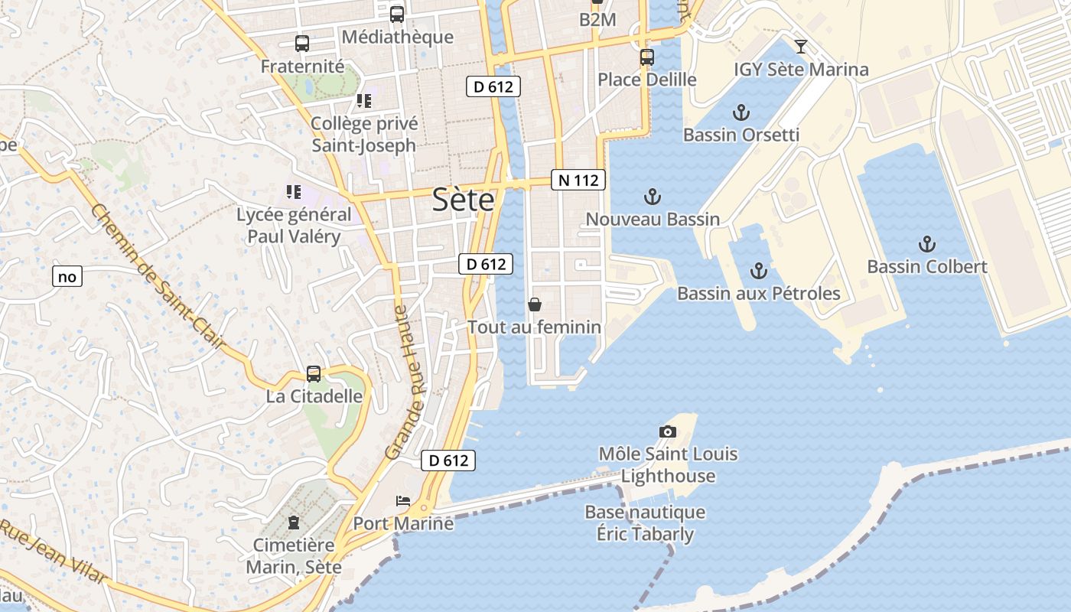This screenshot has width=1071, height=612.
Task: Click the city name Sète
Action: point(463,200)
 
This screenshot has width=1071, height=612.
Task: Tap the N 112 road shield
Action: point(578,181)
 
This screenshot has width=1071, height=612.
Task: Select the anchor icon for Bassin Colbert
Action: point(926,245)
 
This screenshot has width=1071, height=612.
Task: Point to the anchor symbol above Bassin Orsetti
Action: point(740,113)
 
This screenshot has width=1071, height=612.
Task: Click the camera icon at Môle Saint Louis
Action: point(668,431)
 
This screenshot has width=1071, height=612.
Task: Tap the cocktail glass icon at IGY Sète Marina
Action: point(800,47)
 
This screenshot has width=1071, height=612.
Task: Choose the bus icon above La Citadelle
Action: point(314,374)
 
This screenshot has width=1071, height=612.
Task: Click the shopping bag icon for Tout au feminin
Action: point(535,304)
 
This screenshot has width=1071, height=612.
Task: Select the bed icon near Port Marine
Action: point(403,501)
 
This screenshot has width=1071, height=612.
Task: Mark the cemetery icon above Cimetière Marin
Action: point(293,522)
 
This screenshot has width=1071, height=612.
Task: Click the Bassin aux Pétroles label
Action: point(758,293)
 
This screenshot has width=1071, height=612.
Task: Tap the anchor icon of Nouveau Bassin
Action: point(652,197)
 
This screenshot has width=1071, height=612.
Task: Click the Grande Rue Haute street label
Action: point(407,382)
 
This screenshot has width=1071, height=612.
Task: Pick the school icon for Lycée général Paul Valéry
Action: point(294,192)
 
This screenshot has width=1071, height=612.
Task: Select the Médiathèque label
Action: point(397,37)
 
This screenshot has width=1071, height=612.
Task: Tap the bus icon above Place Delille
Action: point(646,57)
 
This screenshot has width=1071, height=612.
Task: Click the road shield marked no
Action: point(67,276)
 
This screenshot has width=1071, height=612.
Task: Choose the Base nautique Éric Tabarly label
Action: point(645,522)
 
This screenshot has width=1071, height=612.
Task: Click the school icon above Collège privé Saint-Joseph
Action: point(364,101)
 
